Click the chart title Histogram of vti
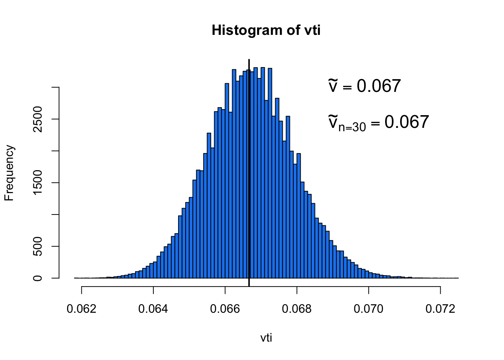tap(266, 30)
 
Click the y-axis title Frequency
tap(9, 173)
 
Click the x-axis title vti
tap(266, 338)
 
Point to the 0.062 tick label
tap(81, 309)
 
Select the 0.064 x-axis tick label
tap(153, 309)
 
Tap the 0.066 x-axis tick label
tap(225, 309)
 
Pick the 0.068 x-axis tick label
tap(297, 309)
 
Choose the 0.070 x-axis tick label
tap(369, 309)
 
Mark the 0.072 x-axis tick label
tap(440, 309)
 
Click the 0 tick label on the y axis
tap(37, 278)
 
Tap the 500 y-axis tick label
tap(37, 246)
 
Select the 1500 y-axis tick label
tap(37, 183)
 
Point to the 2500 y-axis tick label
tap(37, 119)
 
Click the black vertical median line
tap(249, 169)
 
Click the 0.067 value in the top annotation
tap(379, 86)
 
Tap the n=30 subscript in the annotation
tap(352, 127)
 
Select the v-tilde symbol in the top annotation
tap(333, 86)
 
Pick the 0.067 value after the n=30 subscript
tap(407, 122)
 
